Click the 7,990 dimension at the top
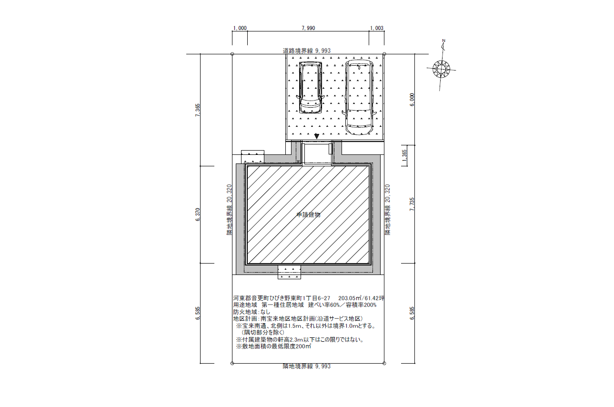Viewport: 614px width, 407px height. pos(308,28)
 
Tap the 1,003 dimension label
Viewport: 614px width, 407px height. pos(377,28)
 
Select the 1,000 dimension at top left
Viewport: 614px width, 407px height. pos(240,28)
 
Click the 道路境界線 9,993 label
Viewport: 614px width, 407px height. pos(307,51)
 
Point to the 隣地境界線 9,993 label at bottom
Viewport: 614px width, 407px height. pos(307,366)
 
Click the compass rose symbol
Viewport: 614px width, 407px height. pos(441,69)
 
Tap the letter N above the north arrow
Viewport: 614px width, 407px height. pos(444,41)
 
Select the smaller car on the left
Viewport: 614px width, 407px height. pos(310,88)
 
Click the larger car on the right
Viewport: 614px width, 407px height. pos(359,98)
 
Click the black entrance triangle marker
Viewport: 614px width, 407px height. pos(317,136)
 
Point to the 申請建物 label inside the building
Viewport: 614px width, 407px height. pos(309,215)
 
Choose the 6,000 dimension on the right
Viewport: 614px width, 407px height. pos(412,100)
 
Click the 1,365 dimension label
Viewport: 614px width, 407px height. pos(404,156)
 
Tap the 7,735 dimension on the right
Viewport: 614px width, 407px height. pos(412,204)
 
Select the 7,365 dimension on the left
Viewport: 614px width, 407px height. pos(198,110)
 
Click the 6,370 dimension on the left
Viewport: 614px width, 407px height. pos(198,215)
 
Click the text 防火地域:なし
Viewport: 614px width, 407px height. pos(252,312)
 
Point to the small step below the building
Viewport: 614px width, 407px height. pos(289,272)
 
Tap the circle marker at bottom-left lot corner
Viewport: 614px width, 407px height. pos(232,363)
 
